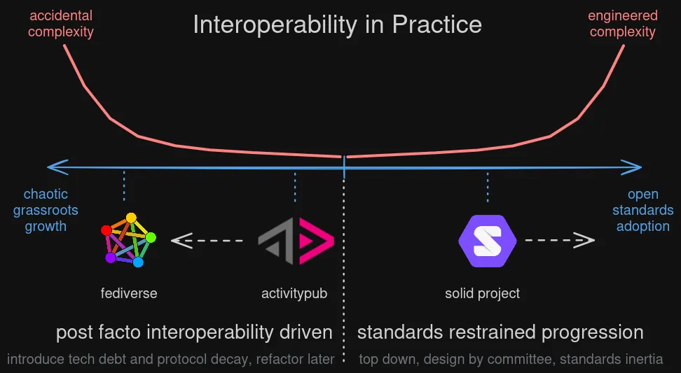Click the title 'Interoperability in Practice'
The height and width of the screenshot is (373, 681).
337,24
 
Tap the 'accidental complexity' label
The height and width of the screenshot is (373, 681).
61,24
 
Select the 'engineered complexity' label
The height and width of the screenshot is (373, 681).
622,24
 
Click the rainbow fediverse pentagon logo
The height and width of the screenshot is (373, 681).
128,239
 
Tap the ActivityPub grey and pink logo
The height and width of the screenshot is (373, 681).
296,241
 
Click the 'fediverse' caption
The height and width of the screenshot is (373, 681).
129,293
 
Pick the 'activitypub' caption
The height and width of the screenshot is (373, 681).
294,293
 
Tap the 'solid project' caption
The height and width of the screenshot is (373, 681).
482,293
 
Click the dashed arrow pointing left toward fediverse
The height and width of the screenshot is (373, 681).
207,241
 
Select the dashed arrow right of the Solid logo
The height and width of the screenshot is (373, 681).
560,241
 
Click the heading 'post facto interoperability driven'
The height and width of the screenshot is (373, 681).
194,332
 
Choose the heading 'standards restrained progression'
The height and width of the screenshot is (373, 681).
500,332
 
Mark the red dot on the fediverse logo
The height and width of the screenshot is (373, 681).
106,230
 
